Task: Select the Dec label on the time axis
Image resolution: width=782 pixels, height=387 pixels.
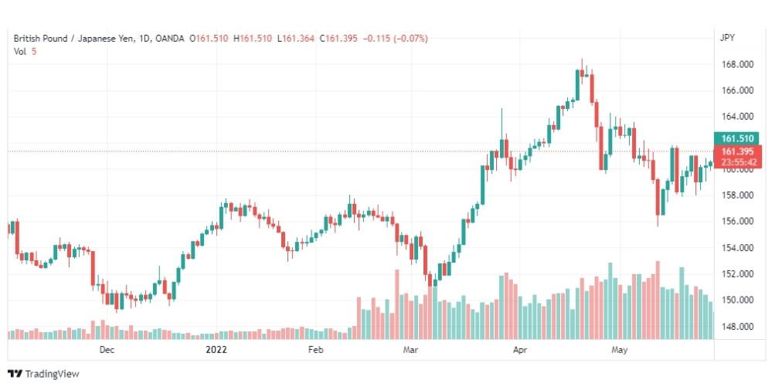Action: (107, 350)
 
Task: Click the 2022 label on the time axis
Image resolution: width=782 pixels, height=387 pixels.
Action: (216, 350)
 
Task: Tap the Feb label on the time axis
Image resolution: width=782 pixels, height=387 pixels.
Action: (314, 350)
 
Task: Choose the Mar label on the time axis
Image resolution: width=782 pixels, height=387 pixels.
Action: (411, 350)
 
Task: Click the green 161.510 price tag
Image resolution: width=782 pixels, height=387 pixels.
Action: (736, 139)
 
